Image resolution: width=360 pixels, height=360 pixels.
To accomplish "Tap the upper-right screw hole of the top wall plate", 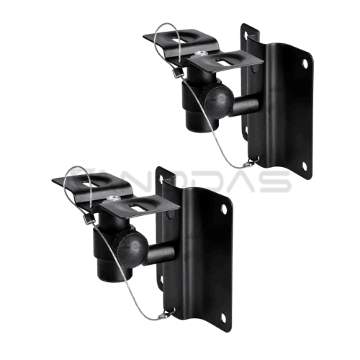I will tap(307, 64).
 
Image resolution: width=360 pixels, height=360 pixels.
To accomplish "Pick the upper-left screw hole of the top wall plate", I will tap(251, 33).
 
